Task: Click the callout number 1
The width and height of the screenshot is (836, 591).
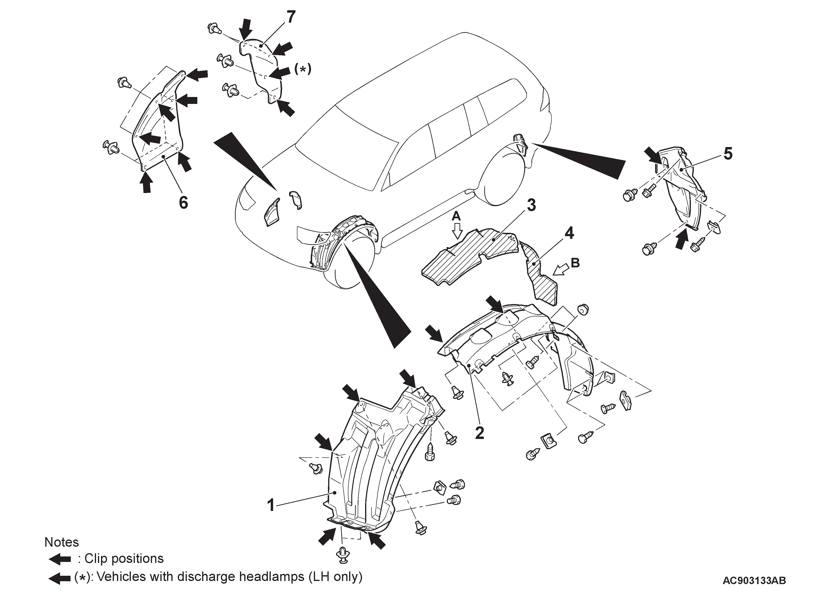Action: (x=270, y=505)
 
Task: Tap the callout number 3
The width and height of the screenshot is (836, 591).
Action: (x=531, y=205)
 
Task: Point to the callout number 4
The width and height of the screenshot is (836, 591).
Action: (x=569, y=233)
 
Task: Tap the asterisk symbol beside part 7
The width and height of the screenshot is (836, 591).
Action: (x=303, y=69)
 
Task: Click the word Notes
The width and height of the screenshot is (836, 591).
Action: (x=61, y=542)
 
